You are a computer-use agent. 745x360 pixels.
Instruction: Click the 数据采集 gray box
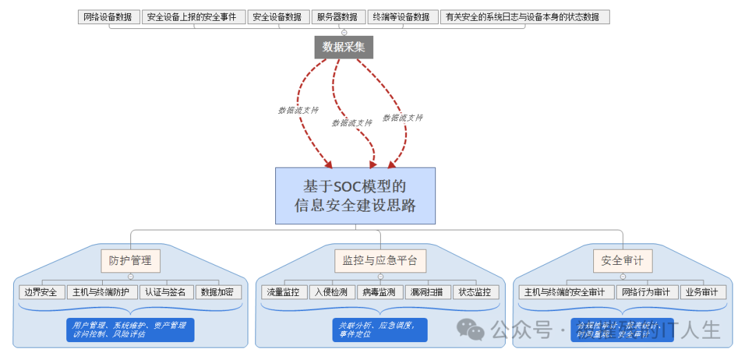(344, 47)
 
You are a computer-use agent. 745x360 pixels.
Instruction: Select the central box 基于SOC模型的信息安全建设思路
(355, 196)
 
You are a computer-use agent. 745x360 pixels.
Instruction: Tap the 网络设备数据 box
(109, 17)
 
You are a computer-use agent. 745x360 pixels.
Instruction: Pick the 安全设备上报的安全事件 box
(194, 17)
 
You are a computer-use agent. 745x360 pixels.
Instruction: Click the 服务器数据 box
(337, 17)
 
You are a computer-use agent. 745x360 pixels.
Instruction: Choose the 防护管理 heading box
(130, 261)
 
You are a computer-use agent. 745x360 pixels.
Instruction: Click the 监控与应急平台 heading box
(380, 261)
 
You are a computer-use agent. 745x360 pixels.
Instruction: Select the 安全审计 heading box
(622, 261)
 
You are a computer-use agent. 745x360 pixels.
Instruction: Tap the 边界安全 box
(42, 292)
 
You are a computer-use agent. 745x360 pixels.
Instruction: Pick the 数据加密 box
(219, 292)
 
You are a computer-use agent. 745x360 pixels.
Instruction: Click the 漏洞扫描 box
(428, 292)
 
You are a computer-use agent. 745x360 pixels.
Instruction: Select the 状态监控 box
(476, 292)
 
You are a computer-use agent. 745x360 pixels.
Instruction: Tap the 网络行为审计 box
(647, 292)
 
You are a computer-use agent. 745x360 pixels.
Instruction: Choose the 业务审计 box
(704, 292)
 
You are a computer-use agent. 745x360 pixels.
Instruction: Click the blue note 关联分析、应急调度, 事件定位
(379, 329)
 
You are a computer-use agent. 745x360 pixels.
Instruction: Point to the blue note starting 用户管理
(130, 329)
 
